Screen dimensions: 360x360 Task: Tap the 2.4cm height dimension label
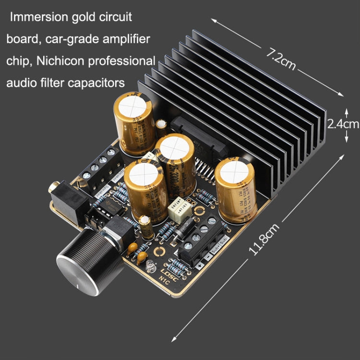point(343,124)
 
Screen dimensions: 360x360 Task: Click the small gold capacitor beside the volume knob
point(146,226)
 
